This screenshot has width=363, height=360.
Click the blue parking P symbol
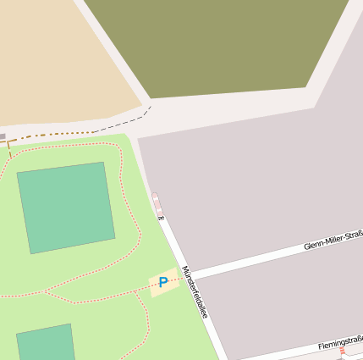coord(162,282)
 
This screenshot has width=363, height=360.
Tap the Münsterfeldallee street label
coord(195,291)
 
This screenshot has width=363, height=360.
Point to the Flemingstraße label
coord(340,342)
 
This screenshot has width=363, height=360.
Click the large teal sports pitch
coord(66,207)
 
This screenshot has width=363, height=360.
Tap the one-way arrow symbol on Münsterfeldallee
coord(161,219)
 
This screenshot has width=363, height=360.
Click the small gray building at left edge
coord(3,136)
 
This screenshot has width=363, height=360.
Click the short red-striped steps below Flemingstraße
coord(343,352)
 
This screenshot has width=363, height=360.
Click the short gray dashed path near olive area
coord(146,110)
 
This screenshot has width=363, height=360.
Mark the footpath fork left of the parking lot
coord(45,292)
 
